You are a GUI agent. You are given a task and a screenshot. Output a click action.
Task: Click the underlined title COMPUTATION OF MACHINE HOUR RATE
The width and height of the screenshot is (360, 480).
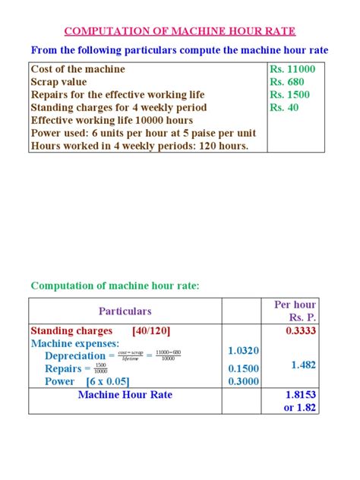click(180, 31)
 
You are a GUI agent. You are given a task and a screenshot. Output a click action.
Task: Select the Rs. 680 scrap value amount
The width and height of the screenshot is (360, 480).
click(288, 82)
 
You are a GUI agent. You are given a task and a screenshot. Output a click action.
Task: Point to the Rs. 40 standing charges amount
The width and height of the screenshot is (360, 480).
click(285, 108)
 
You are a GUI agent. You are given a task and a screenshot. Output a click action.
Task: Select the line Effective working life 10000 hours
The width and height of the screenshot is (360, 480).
click(112, 120)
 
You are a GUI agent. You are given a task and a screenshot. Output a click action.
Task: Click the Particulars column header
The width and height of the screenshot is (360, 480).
click(125, 311)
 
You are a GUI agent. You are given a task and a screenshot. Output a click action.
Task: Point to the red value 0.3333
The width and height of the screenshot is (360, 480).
click(302, 331)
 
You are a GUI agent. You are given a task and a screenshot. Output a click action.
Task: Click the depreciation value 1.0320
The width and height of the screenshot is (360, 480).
click(243, 351)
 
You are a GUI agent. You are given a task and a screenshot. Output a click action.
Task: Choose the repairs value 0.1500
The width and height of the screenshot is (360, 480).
click(243, 368)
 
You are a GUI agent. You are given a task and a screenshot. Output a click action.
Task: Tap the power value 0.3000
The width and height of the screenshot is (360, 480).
click(243, 381)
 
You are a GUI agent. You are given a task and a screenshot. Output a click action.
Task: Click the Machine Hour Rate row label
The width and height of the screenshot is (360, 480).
click(125, 395)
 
